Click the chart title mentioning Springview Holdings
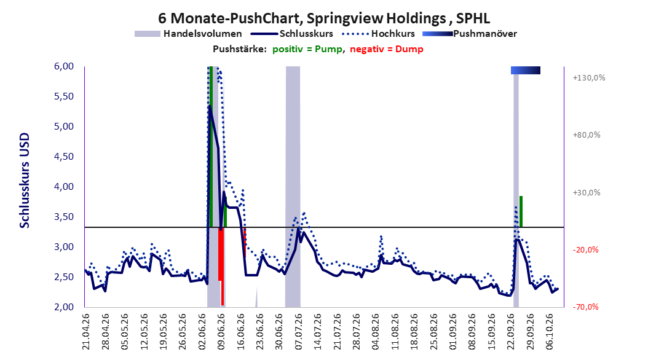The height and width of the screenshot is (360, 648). [x=324, y=18]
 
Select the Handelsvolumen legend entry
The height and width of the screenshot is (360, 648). [x=189, y=34]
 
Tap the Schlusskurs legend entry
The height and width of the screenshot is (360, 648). [x=292, y=34]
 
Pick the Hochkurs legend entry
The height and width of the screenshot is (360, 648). [x=378, y=34]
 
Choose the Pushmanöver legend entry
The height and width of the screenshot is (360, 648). [x=470, y=34]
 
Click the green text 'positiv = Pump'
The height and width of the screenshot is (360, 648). [x=307, y=49]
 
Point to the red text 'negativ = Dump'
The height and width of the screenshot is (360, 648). [x=387, y=49]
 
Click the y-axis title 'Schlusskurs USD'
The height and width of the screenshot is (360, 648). [x=25, y=181]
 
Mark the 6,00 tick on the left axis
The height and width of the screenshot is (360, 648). [x=64, y=66]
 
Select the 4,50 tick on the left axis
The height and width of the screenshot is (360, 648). [x=64, y=157]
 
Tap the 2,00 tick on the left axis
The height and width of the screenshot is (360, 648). [x=64, y=307]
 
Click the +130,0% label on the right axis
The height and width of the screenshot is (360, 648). [x=589, y=77]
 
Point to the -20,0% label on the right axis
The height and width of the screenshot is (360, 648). [x=585, y=250]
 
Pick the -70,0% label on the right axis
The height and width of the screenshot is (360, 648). [x=585, y=307]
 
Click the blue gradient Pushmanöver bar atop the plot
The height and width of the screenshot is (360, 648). [x=526, y=70]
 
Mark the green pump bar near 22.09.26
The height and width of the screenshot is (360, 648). [x=521, y=211]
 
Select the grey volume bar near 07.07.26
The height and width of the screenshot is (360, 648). [x=293, y=187]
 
